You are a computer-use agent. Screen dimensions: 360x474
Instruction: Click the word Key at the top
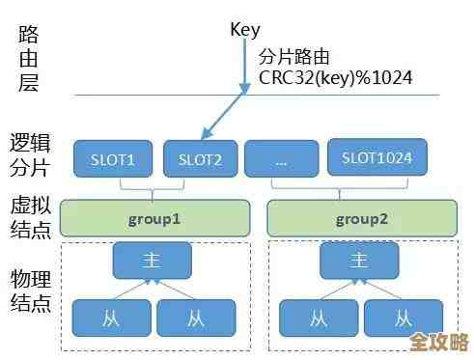245,29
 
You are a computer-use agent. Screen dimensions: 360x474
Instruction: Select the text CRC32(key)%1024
335,76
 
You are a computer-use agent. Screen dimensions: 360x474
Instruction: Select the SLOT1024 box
377,158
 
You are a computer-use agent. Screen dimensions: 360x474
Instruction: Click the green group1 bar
154,219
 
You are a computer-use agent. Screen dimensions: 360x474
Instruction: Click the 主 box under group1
153,261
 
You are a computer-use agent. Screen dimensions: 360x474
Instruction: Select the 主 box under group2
359,261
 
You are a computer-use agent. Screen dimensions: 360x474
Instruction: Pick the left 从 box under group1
111,317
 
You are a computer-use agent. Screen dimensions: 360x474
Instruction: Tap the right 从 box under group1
196,317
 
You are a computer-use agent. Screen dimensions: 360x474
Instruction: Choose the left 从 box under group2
318,317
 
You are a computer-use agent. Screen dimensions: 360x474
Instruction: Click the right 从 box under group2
404,317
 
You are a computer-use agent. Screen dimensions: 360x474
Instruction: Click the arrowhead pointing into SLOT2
206,134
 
